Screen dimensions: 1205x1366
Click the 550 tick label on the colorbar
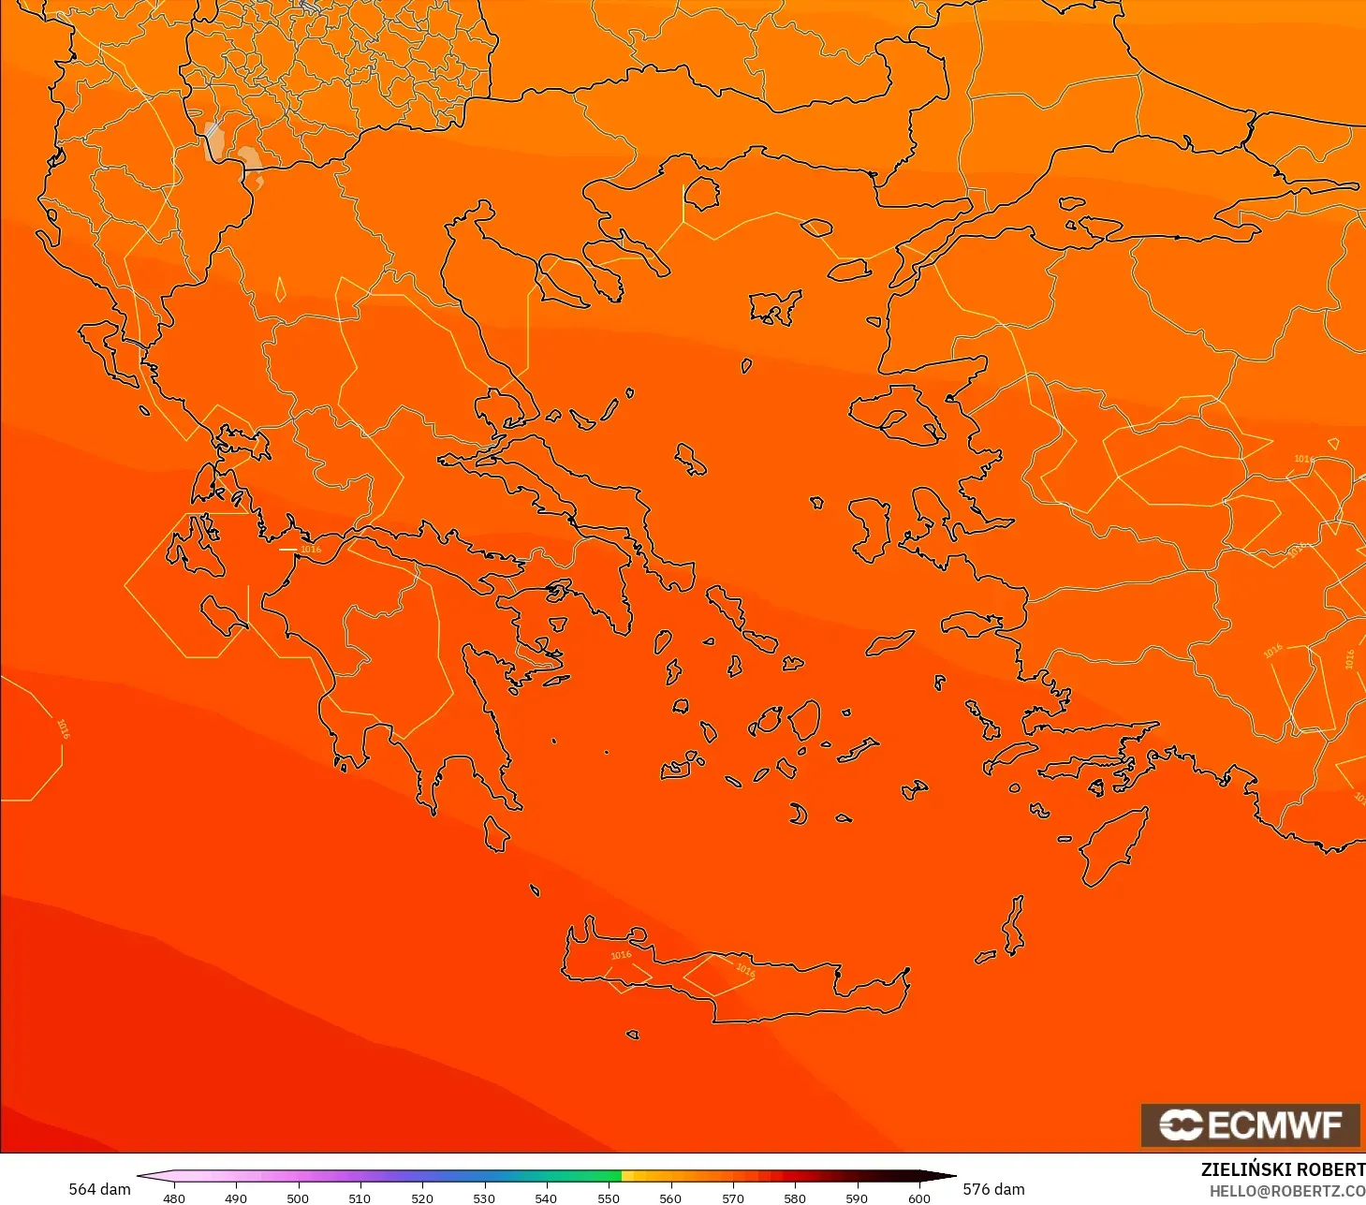point(609,1198)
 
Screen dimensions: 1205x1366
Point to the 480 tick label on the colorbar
point(174,1198)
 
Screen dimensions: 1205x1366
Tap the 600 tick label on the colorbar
point(919,1198)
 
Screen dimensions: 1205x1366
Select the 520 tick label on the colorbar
point(422,1198)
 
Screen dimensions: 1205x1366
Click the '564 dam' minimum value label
point(99,1189)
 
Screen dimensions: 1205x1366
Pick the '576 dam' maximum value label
point(994,1189)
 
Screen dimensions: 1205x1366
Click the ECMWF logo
point(1250,1124)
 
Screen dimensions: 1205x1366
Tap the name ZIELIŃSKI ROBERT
point(1283,1169)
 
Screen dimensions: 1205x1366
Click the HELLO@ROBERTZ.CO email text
point(1287,1191)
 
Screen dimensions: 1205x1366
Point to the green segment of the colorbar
point(571,1176)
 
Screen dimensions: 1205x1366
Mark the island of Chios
point(869,529)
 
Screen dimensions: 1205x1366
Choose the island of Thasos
point(701,194)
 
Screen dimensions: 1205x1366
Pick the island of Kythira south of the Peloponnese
point(496,833)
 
